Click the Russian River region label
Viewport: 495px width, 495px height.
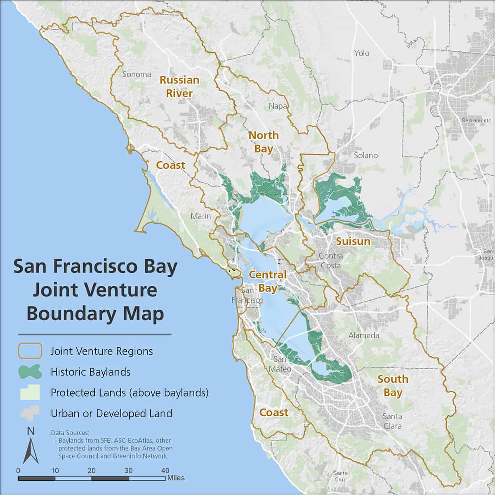[x=179, y=87]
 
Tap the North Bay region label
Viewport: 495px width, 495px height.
[x=263, y=141]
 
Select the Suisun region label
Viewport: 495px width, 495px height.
[x=353, y=241]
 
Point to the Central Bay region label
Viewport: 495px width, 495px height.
[x=268, y=281]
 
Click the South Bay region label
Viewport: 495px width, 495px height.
[x=393, y=385]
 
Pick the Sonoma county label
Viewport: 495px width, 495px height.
[x=137, y=74]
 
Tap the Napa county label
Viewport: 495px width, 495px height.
[x=278, y=106]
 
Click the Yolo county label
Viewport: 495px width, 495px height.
[x=362, y=53]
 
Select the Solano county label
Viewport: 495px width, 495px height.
[x=365, y=156]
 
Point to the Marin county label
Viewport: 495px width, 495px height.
[x=200, y=216]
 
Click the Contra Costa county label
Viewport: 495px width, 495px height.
[x=331, y=261]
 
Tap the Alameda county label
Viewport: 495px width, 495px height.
[x=363, y=335]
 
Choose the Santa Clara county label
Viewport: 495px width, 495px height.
[x=392, y=421]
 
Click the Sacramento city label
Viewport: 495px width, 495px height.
[x=477, y=120]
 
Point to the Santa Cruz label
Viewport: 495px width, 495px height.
[x=341, y=476]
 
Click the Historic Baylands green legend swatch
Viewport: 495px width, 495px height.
[x=29, y=372]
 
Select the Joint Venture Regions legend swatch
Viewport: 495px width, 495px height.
[x=29, y=351]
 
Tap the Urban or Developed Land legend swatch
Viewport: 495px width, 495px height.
[x=29, y=413]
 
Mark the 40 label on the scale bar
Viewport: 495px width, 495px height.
[x=165, y=470]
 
